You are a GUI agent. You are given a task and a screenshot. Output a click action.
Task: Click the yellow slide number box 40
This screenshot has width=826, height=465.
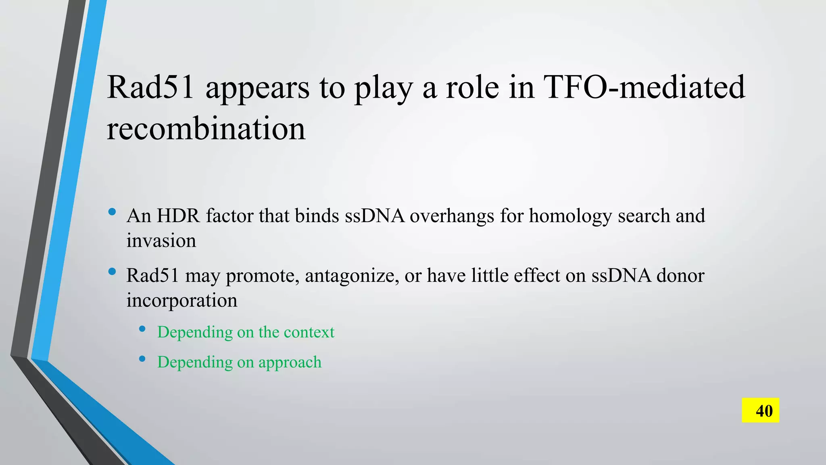760,411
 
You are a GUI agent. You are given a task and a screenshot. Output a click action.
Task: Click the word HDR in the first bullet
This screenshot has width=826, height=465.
178,216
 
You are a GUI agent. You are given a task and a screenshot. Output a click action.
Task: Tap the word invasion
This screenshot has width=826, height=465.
161,241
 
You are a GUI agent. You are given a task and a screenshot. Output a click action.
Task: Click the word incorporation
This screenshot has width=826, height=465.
181,301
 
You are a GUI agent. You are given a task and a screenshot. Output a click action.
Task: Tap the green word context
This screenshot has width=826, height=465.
309,332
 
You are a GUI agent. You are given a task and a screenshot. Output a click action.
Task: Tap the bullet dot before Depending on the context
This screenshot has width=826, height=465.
142,329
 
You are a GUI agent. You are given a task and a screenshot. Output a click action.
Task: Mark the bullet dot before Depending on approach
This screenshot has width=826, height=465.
142,358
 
